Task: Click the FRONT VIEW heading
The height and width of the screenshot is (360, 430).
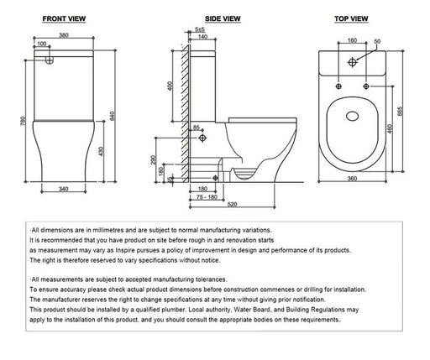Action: pos(64,18)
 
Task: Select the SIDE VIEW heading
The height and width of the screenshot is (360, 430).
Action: pos(223,18)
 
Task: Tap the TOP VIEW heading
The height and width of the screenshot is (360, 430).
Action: pos(351,18)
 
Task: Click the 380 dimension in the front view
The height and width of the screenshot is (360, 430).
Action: pos(64,35)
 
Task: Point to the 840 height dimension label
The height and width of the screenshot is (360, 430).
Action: pos(113,116)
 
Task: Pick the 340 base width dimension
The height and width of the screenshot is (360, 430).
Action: pos(64,189)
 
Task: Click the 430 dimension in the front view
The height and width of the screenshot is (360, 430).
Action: pos(101,151)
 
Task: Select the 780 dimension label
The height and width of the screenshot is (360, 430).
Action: pos(23,121)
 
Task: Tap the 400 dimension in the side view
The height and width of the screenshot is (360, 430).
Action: pos(170,86)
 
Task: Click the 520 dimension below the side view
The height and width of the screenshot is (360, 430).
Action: pos(232,205)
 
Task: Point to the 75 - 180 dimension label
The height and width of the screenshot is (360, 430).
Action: pos(207,197)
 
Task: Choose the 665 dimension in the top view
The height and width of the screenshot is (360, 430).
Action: pos(400,112)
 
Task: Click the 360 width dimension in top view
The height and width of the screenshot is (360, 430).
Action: pos(352,179)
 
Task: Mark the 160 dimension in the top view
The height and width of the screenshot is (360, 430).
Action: pos(352,40)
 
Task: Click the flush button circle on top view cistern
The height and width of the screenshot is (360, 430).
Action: pos(352,62)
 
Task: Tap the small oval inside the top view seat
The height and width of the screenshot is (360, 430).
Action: pos(352,117)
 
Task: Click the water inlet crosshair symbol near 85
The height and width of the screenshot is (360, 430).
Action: pos(202,138)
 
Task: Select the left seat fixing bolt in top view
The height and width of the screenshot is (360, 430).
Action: pos(338,86)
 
